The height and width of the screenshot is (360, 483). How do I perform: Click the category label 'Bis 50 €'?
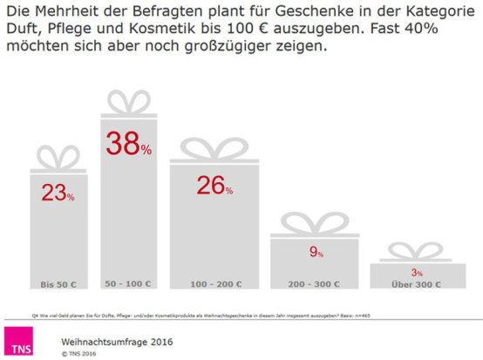pyautogui.click(x=58, y=284)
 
